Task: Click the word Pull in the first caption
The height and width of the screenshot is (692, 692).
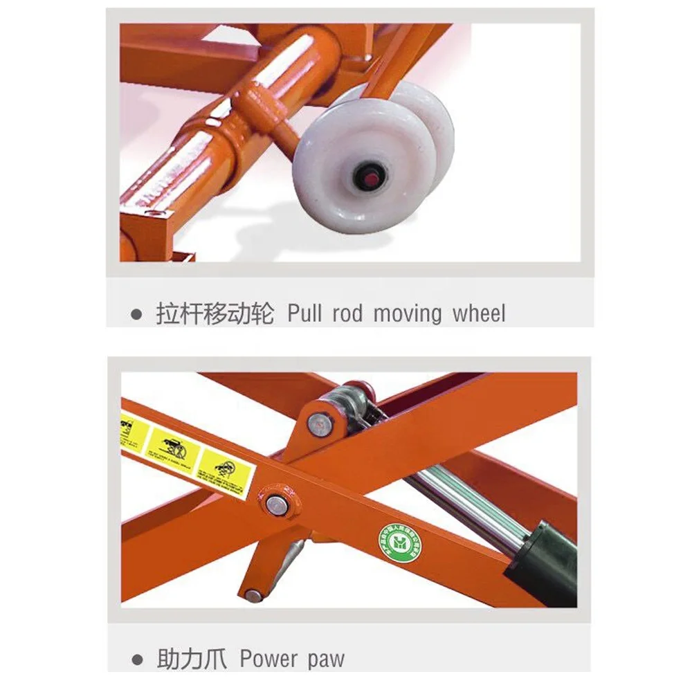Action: (304, 313)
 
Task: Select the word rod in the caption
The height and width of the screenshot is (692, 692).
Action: (347, 313)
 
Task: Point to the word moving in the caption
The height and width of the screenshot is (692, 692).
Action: (408, 313)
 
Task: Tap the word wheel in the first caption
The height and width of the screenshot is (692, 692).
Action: (479, 313)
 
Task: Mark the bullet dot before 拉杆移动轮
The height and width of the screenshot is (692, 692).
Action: (137, 315)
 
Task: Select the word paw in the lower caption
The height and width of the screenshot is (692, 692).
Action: (326, 659)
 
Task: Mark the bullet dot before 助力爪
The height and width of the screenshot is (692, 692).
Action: (137, 659)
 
